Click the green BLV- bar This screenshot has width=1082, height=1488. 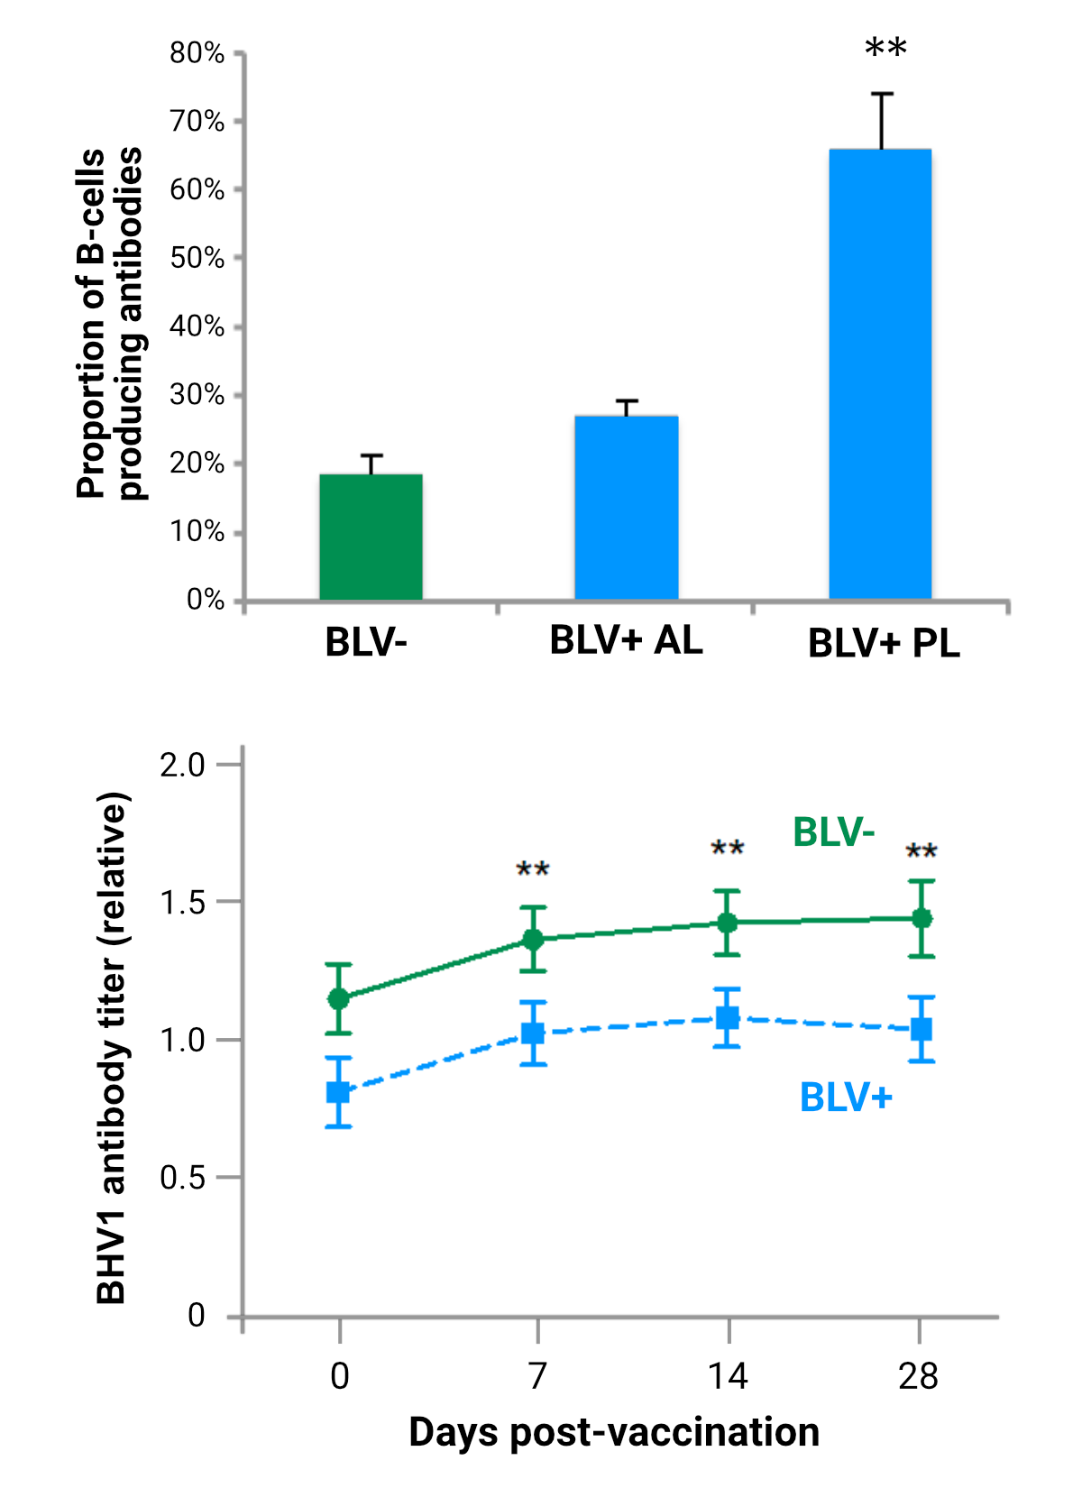click(x=371, y=537)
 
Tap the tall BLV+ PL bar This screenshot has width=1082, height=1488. click(x=880, y=374)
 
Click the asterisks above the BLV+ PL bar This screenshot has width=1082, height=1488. click(x=885, y=48)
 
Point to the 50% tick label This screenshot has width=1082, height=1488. click(x=197, y=258)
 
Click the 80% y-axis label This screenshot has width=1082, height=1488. click(x=197, y=53)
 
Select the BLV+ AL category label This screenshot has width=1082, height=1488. click(x=626, y=640)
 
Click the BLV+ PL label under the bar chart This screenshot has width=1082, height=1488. click(x=884, y=643)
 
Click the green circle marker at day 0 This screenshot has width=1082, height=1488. click(x=339, y=998)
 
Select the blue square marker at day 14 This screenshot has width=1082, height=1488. click(x=728, y=1018)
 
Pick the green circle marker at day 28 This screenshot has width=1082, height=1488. click(x=922, y=918)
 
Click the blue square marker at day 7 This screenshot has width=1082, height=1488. click(x=533, y=1033)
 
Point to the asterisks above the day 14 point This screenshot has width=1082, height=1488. click(x=728, y=849)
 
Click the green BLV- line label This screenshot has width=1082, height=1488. click(x=833, y=831)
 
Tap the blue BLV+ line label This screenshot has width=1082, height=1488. click(x=846, y=1098)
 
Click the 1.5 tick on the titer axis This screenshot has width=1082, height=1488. click(x=183, y=903)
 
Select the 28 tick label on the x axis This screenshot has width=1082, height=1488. click(x=918, y=1376)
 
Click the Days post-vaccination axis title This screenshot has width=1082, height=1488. click(x=613, y=1432)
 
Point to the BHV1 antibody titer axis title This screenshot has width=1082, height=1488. click(x=112, y=1048)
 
